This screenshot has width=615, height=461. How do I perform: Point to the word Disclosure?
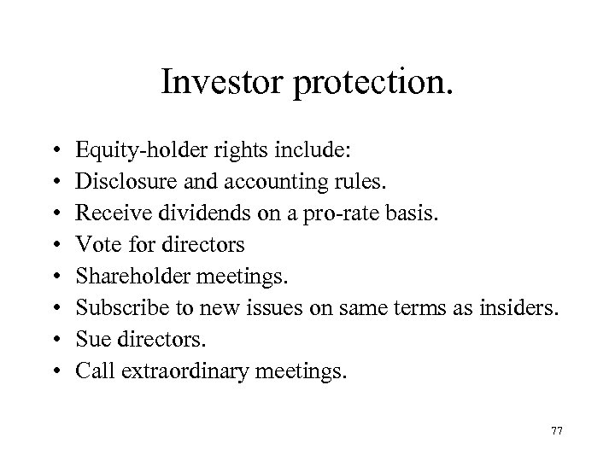(x=117, y=182)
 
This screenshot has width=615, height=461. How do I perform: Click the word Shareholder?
(x=126, y=277)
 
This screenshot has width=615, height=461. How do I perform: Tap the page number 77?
(x=557, y=432)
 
